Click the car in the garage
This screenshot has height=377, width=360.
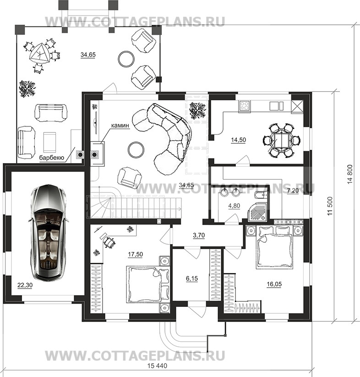click(x=49, y=233)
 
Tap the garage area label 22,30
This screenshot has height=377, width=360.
click(x=25, y=285)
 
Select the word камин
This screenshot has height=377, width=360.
click(x=120, y=125)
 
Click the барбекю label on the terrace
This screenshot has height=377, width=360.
click(x=52, y=158)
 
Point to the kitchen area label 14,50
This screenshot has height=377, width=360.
click(x=239, y=140)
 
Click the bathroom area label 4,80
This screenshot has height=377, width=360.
click(x=234, y=206)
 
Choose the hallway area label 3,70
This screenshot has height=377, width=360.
click(x=199, y=235)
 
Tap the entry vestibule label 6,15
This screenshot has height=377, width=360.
click(x=192, y=279)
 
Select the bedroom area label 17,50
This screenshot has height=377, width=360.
click(x=135, y=254)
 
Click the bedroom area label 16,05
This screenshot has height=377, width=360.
click(x=274, y=284)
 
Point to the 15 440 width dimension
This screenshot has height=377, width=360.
click(x=157, y=366)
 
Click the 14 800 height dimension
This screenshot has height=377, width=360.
click(x=350, y=175)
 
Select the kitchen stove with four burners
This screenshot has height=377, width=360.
click(x=245, y=106)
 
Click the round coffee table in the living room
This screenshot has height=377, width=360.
click(x=136, y=149)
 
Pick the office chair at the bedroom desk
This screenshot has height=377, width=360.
click(x=109, y=241)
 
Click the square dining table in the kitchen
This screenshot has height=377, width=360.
click(x=280, y=141)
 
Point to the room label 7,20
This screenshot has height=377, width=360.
click(x=293, y=191)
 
